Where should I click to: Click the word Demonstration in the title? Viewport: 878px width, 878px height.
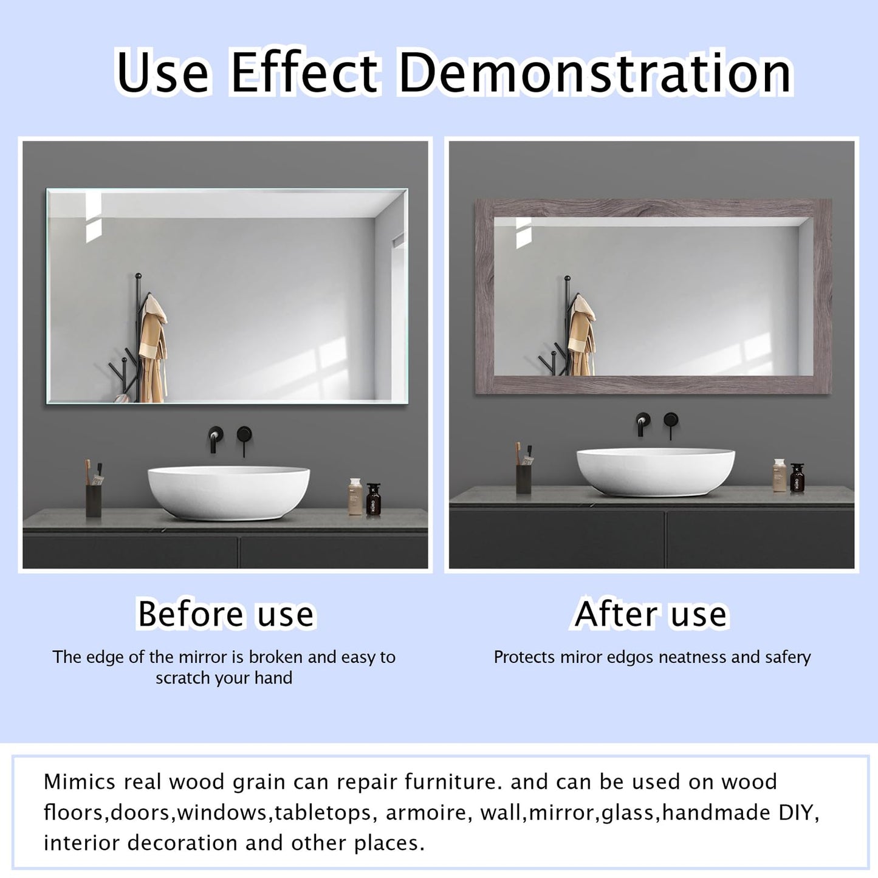click(595, 73)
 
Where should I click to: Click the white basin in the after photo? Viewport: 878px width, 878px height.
click(655, 471)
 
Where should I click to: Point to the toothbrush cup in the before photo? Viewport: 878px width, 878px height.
click(94, 499)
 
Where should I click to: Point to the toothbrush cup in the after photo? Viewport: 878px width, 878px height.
click(523, 478)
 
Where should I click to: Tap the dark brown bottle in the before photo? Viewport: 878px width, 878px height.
click(374, 500)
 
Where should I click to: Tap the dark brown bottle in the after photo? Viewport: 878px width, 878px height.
click(797, 478)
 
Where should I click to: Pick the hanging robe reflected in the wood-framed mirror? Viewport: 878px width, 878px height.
click(580, 337)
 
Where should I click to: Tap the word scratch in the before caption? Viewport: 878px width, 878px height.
click(181, 678)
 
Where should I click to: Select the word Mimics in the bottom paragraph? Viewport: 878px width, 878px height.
click(80, 782)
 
